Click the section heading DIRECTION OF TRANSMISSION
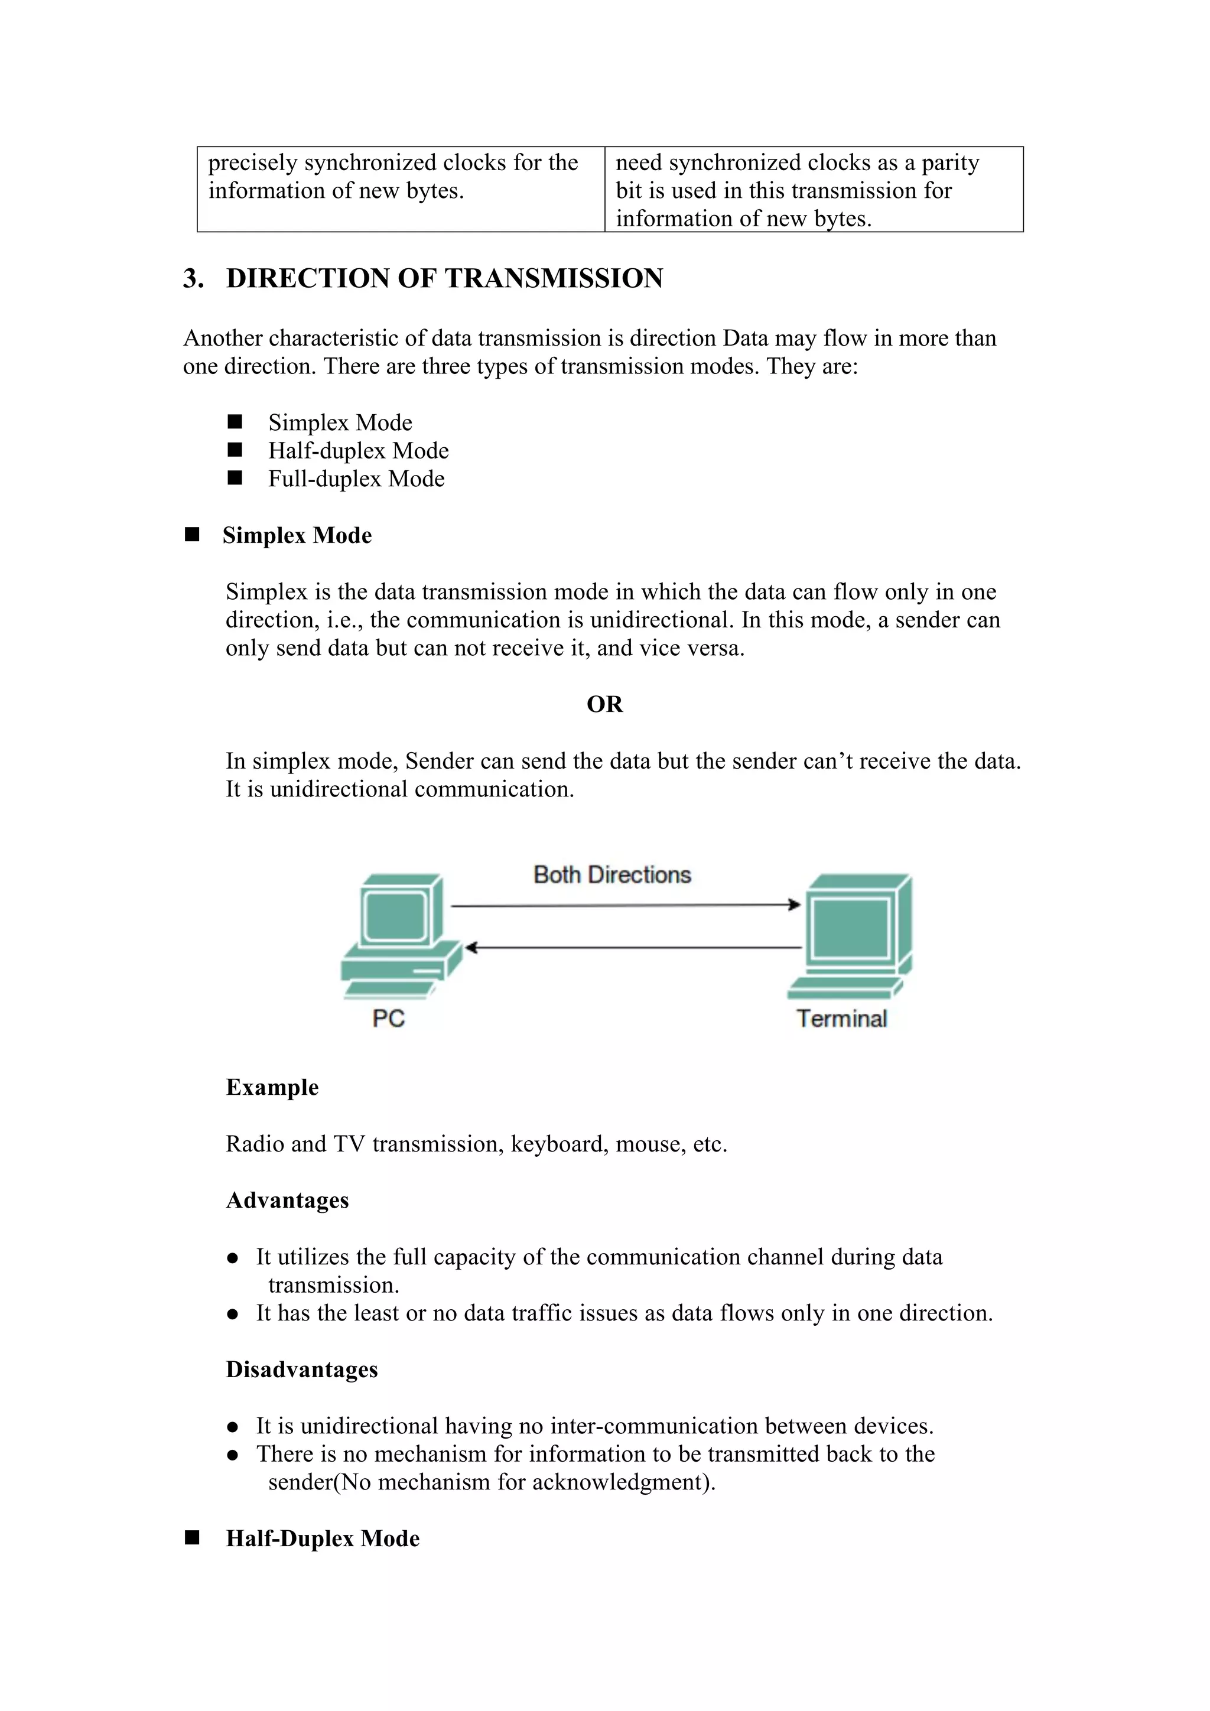[444, 278]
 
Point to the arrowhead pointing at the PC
[471, 948]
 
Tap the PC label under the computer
[388, 1019]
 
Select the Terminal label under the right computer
[841, 1019]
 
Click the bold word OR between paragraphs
[604, 704]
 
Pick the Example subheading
[272, 1087]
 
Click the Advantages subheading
[287, 1201]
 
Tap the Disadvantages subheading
[302, 1370]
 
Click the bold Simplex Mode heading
[297, 535]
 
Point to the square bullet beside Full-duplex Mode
[235, 479]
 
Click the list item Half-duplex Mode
[359, 451]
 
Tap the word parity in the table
[950, 163]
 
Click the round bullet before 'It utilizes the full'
[232, 1258]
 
